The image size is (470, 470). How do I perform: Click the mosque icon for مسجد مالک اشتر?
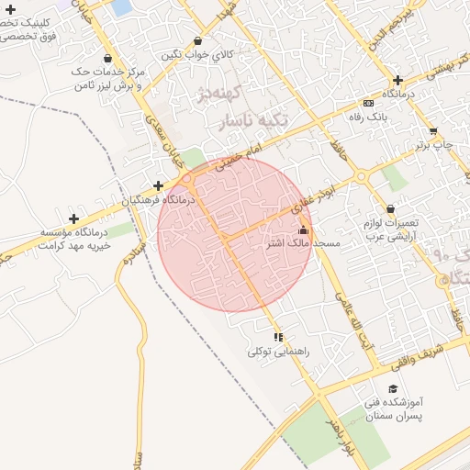[x=304, y=230]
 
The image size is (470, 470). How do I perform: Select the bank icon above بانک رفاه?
[x=368, y=103]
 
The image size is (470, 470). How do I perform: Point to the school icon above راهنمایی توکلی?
[x=278, y=338]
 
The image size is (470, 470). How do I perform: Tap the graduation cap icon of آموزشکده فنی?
[x=394, y=388]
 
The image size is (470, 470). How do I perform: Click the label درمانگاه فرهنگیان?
[x=160, y=198]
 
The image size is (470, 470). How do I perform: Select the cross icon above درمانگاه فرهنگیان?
[x=158, y=185]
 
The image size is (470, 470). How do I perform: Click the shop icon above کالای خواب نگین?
[x=198, y=41]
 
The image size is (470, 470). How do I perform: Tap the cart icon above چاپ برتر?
[x=432, y=130]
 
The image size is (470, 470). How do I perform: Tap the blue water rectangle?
[x=121, y=7]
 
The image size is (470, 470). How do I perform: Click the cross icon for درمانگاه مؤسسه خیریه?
[x=73, y=218]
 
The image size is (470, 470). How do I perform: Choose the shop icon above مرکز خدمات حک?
[x=107, y=57]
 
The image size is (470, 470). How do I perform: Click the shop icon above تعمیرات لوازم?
[x=392, y=208]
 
